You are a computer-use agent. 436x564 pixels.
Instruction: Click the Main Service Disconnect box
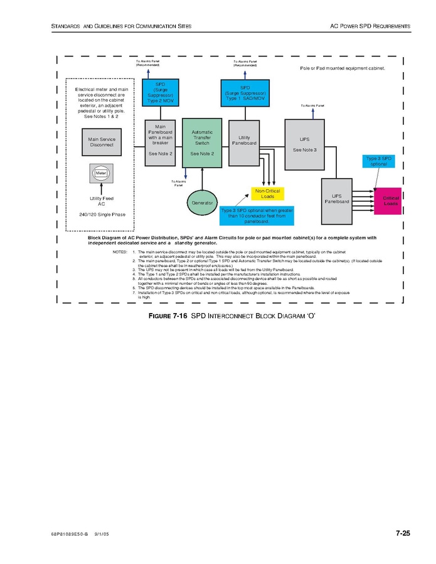101,142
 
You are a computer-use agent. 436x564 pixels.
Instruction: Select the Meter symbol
101,173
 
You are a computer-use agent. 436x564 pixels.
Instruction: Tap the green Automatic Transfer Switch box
202,142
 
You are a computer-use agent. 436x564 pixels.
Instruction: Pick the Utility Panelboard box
244,140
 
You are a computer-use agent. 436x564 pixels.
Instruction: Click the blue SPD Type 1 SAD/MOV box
245,92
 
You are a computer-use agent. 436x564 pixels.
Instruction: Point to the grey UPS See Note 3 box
304,144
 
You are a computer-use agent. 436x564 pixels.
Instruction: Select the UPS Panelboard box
336,199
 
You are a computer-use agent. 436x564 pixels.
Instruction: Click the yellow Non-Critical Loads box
267,193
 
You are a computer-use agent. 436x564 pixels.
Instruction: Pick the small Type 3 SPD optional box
378,161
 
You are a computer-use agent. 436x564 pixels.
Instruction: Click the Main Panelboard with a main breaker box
160,142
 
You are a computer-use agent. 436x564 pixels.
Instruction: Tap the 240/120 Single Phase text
102,215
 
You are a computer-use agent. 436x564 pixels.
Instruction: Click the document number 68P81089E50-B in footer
70,535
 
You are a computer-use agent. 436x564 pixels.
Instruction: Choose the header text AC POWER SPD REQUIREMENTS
370,26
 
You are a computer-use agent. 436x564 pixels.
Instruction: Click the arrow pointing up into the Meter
101,188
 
